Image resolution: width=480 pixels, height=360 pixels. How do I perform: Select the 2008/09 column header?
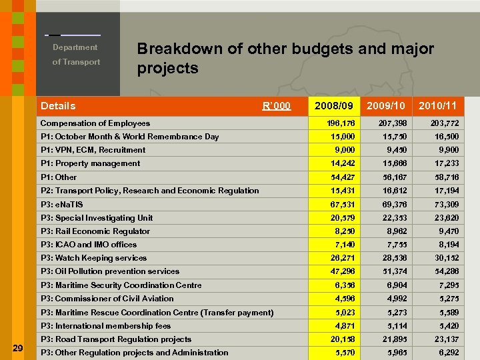point(333,106)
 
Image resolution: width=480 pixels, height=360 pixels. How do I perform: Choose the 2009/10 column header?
point(385,106)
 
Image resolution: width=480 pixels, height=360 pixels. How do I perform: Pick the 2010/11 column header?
point(437,106)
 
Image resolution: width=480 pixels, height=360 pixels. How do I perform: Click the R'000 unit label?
point(276,106)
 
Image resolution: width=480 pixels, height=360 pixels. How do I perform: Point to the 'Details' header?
point(58,106)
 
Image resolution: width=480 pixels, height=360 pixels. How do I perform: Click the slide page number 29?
point(18,347)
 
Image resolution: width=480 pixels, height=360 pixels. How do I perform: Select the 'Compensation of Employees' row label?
point(95,123)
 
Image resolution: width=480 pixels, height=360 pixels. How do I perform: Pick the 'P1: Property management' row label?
point(90,163)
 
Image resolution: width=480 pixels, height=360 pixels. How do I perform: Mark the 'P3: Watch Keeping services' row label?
point(93,258)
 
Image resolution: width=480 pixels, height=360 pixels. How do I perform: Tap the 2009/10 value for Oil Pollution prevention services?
point(392,271)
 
